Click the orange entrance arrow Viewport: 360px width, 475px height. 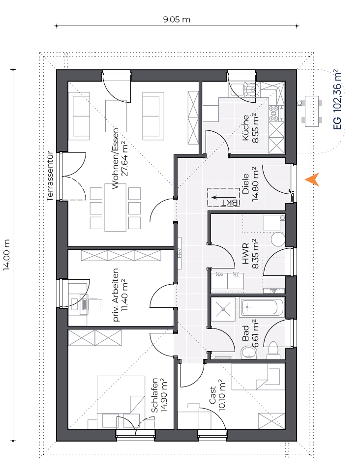pyautogui.click(x=313, y=179)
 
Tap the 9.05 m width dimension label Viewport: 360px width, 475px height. pyautogui.click(x=177, y=20)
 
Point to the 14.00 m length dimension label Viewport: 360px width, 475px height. pyautogui.click(x=7, y=255)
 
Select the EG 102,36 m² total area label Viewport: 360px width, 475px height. pyautogui.click(x=337, y=100)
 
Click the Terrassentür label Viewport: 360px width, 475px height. pyautogui.click(x=50, y=177)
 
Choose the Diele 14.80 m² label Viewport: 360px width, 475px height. pyautogui.click(x=250, y=184)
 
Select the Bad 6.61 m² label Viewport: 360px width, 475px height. pyautogui.click(x=250, y=333)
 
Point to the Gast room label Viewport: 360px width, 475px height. pyautogui.click(x=212, y=395)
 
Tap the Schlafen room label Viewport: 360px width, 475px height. pyautogui.click(x=154, y=395)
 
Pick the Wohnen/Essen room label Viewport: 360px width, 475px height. pyautogui.click(x=116, y=159)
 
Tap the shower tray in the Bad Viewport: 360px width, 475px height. pyautogui.click(x=223, y=309)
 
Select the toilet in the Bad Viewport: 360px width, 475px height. pyautogui.click(x=273, y=348)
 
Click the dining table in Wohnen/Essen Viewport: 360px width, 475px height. pyautogui.click(x=116, y=207)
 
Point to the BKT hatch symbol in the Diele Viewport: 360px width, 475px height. pyautogui.click(x=224, y=198)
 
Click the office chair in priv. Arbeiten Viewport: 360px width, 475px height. pyautogui.click(x=94, y=304)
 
